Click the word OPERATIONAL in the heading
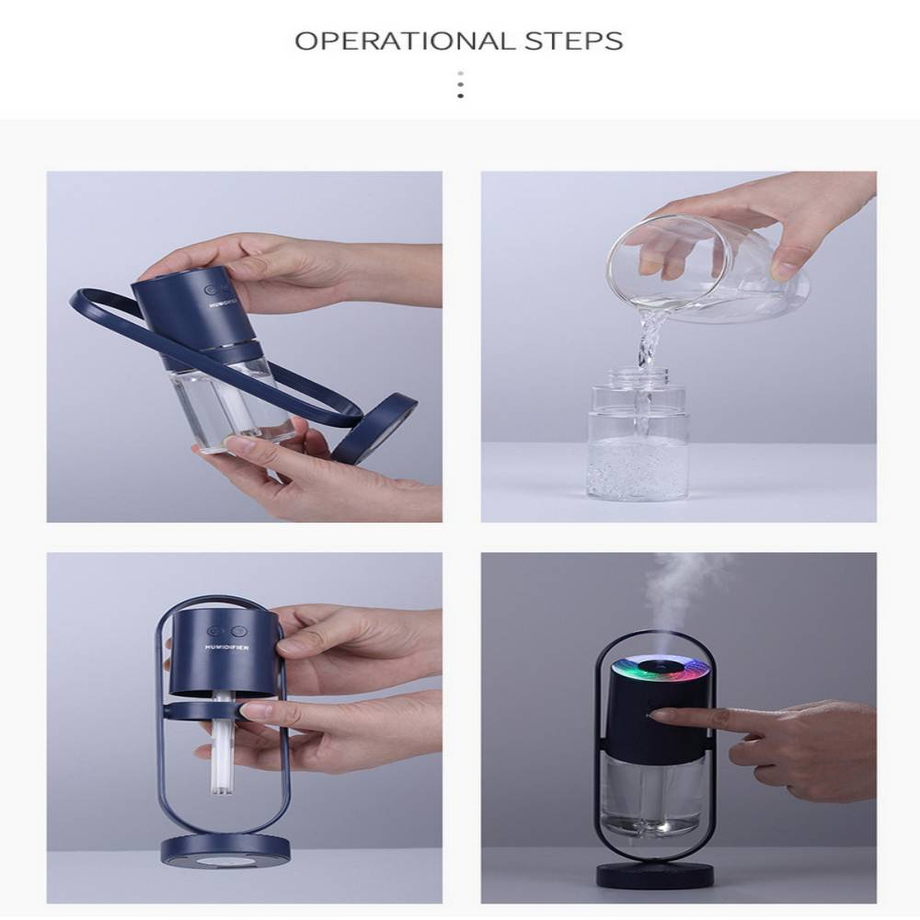[404, 41]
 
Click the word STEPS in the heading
[573, 41]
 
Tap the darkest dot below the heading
[461, 96]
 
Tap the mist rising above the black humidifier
[684, 599]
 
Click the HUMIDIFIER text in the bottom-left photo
[227, 647]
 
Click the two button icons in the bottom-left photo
[226, 631]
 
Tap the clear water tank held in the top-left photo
[232, 403]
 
